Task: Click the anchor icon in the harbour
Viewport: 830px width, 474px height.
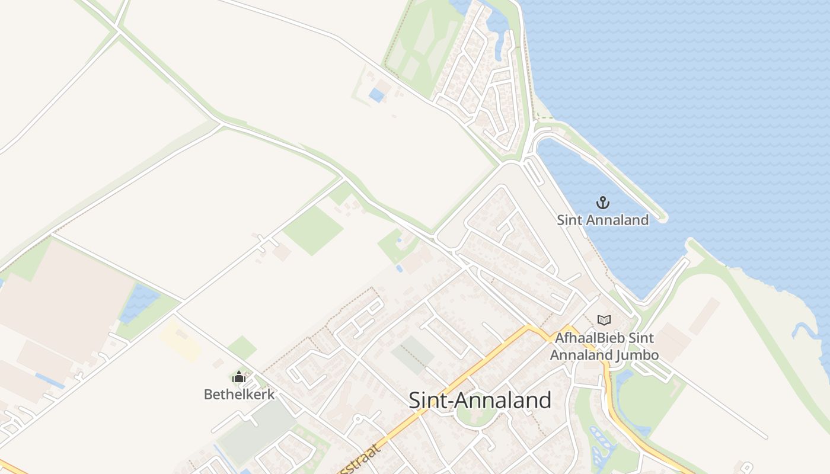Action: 603,203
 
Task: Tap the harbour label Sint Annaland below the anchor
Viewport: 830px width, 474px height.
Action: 603,220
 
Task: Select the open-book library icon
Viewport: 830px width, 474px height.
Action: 604,321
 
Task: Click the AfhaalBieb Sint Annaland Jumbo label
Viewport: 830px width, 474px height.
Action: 604,347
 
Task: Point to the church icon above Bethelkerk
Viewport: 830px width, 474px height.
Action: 239,377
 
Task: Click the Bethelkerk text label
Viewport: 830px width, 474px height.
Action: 239,394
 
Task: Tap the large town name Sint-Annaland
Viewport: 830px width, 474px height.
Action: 480,401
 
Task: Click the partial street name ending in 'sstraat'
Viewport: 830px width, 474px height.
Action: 356,461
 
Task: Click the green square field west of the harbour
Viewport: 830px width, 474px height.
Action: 313,230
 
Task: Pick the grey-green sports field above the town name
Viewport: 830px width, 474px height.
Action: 413,355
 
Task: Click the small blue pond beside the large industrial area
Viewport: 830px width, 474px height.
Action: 139,303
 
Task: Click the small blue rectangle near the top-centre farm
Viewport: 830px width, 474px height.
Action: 376,95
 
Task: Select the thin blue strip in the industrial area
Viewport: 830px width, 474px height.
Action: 50,381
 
